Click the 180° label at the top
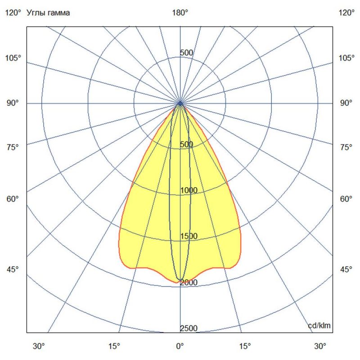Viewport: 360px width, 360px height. pos(180,13)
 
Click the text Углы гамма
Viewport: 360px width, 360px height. pos(48,13)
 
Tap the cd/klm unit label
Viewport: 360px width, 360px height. pos(319,325)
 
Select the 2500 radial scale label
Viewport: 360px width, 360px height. pos(189,328)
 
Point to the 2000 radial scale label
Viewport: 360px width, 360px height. pos(189,283)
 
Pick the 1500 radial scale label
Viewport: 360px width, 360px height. pos(189,236)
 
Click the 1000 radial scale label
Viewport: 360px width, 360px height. pos(189,190)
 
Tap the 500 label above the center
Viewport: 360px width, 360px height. pos(186,53)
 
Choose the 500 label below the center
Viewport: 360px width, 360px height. pos(186,144)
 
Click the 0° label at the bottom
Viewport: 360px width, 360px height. pos(180,346)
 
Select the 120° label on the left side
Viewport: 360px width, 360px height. pos(13,13)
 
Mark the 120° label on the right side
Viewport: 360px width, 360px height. pos(346,13)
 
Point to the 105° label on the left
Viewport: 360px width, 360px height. pos(13,58)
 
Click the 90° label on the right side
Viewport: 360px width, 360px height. pos(346,103)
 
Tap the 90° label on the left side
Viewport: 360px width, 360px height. pos(13,103)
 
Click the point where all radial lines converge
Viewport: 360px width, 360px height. pos(180,103)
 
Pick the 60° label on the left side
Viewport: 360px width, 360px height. pos(13,199)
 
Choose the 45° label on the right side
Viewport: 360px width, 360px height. pos(346,270)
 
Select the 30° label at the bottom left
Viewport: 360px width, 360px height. pos(40,346)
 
